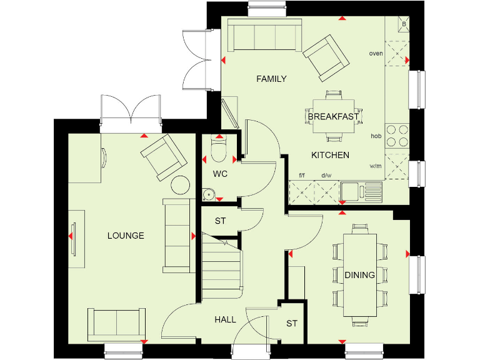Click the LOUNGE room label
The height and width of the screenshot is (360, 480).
[126, 236]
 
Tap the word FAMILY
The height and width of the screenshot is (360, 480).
[272, 79]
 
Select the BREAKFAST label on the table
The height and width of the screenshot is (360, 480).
[333, 116]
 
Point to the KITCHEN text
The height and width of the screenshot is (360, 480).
[330, 155]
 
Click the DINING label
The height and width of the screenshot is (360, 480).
[359, 274]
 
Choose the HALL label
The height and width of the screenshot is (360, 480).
[226, 319]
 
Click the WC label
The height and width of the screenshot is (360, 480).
[220, 174]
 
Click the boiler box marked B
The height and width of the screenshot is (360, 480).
[404, 24]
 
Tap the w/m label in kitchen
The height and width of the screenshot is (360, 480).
[376, 166]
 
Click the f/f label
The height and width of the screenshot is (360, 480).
[302, 176]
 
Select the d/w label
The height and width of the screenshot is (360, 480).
[326, 176]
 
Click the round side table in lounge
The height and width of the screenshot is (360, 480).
[181, 184]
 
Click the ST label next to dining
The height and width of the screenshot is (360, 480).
[292, 324]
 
